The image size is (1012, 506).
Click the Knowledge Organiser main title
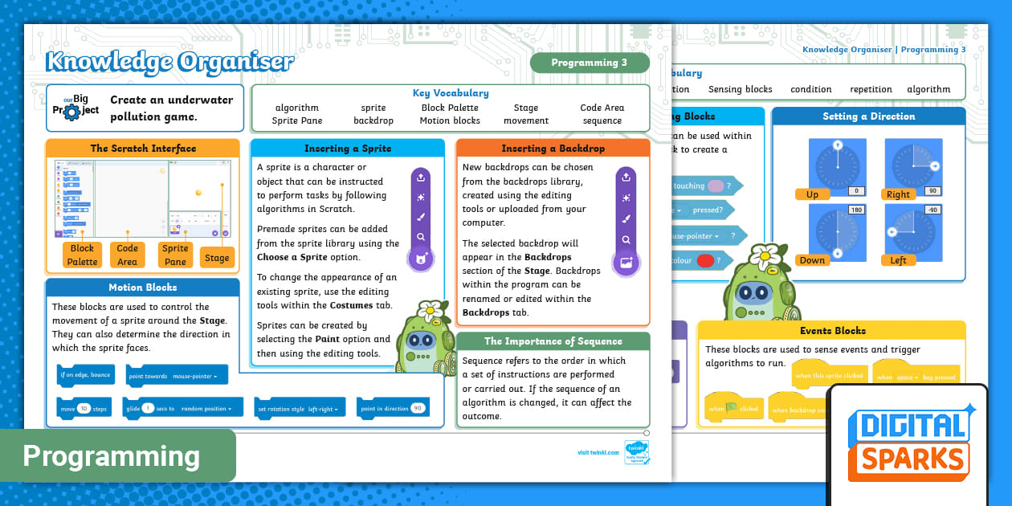(169, 61)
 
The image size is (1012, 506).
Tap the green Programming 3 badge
(589, 63)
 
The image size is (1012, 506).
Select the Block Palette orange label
(82, 255)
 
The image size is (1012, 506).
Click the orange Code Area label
(128, 255)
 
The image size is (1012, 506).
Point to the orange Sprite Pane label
(175, 255)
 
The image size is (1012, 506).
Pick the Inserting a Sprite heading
(347, 149)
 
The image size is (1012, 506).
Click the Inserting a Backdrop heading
(553, 149)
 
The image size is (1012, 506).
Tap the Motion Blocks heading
(142, 288)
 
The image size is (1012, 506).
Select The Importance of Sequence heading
(553, 341)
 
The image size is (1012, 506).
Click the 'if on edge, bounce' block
(85, 375)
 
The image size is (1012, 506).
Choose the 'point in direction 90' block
(393, 408)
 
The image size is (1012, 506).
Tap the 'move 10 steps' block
(84, 408)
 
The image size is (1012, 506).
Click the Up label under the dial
(812, 194)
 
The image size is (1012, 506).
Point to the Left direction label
(898, 260)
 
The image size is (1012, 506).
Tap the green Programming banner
(112, 456)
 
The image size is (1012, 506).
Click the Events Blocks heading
(832, 330)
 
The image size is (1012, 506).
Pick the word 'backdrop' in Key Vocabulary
(373, 120)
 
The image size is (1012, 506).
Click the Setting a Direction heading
(869, 116)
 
